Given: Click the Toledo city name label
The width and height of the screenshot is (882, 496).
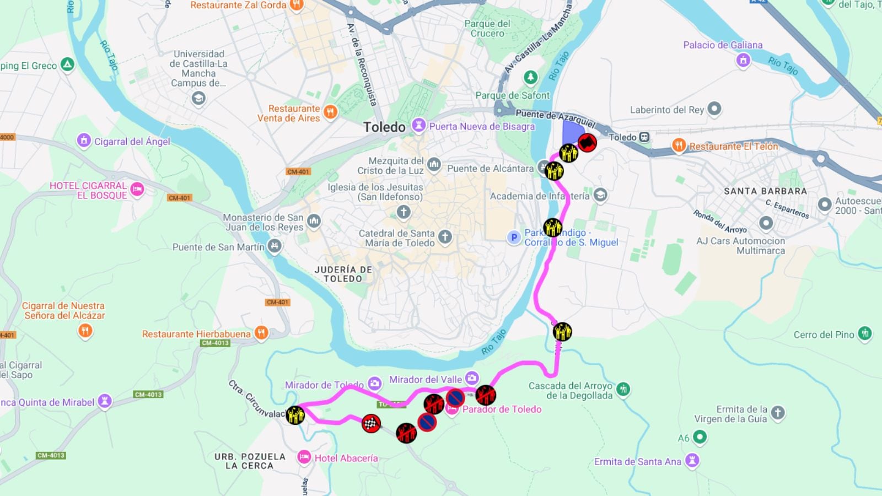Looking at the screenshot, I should click(x=384, y=127).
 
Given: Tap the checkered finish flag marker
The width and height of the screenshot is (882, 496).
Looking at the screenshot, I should click(x=371, y=424).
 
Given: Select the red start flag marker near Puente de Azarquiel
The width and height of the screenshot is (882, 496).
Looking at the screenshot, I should click(x=587, y=143).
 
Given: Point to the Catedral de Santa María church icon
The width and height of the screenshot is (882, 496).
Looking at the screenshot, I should click(x=445, y=238).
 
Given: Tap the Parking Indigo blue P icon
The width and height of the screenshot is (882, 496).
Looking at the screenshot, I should click(x=514, y=238).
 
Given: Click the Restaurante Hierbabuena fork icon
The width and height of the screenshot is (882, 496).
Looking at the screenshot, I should click(x=261, y=333).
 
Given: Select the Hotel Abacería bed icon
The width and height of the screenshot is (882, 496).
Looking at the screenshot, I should click(x=304, y=457).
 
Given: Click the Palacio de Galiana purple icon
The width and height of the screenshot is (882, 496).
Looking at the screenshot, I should click(x=743, y=60).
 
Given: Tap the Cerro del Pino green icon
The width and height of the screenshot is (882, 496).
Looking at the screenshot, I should click(x=865, y=333).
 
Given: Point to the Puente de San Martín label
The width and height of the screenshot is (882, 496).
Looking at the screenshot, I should click(x=218, y=247).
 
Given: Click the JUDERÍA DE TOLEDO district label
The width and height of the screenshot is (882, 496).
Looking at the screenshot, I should click(x=343, y=274).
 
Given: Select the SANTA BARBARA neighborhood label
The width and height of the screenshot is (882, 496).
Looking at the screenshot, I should click(x=765, y=191).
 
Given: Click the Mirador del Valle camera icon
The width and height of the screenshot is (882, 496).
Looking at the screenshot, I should click(x=472, y=378).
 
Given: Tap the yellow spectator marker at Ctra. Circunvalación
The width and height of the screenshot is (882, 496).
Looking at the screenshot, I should click(x=295, y=414).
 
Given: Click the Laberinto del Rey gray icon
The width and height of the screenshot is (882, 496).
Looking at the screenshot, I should click(x=714, y=109).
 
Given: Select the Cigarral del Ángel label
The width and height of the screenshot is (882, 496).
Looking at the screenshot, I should click(x=132, y=142).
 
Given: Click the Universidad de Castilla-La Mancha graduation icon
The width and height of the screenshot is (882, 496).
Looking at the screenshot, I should click(x=198, y=99).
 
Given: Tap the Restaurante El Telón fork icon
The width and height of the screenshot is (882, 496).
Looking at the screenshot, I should click(x=679, y=145).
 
